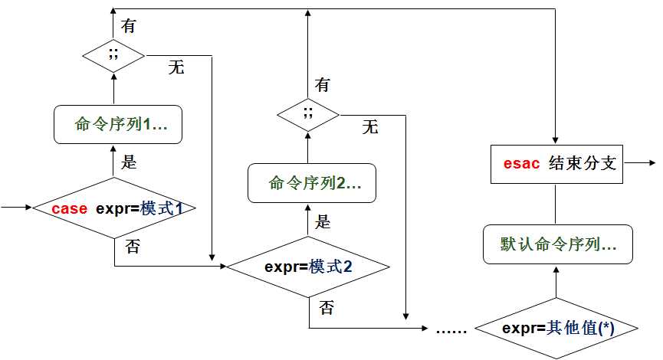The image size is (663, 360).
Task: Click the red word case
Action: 69,208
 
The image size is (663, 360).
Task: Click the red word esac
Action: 521,165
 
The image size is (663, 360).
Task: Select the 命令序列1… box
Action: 118,124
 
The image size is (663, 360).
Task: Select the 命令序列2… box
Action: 311,183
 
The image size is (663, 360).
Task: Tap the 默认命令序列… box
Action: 557,244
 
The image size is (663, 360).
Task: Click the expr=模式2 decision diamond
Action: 308,267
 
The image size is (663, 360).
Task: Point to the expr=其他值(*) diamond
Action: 557,328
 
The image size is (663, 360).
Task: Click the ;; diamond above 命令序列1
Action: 113,56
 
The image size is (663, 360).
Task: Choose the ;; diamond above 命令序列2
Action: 308,115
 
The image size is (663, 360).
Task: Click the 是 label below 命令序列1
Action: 130,162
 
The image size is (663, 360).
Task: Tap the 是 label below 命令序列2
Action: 323,222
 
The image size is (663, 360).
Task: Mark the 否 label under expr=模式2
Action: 326,308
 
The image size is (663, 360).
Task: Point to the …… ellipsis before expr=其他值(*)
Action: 448,329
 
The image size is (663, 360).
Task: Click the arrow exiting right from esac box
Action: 640,164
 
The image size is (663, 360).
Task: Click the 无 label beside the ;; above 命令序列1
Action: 176,68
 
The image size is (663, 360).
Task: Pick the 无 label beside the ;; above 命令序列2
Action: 370,127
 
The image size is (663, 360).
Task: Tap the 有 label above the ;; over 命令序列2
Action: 323,85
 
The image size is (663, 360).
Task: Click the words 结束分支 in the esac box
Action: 583,165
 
